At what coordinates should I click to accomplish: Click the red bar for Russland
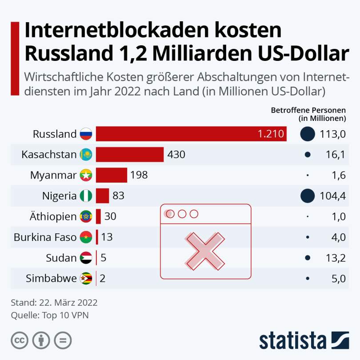(x=191, y=134)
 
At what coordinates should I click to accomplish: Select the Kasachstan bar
(x=130, y=155)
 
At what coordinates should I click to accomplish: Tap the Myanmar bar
(x=112, y=175)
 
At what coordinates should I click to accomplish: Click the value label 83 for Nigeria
(x=119, y=196)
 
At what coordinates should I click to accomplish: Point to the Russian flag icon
(x=86, y=134)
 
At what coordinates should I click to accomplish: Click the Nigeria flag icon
(x=86, y=196)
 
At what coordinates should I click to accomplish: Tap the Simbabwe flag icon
(x=86, y=279)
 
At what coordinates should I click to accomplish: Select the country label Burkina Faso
(x=45, y=237)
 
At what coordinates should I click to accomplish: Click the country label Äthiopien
(x=53, y=216)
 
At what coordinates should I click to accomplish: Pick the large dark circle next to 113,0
(x=308, y=134)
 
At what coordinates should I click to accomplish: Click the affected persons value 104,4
(x=333, y=196)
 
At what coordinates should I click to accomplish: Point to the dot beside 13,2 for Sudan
(x=308, y=258)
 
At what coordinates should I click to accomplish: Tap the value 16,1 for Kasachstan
(x=336, y=155)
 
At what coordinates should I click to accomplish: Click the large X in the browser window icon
(x=205, y=251)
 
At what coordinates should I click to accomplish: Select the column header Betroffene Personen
(x=308, y=110)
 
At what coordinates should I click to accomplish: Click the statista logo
(x=304, y=341)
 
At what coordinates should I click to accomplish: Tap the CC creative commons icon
(x=20, y=340)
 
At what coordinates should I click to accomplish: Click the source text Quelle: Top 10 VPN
(x=50, y=315)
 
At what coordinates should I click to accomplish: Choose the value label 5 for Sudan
(x=103, y=258)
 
